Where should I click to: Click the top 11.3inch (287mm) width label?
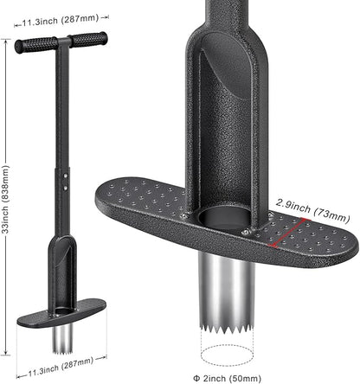61,20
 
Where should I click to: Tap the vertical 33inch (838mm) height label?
6,199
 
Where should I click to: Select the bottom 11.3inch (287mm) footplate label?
61,367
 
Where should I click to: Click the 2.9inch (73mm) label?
312,210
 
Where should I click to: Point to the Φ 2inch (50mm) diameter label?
227,378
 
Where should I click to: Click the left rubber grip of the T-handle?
36,45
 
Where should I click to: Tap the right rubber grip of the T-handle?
89,39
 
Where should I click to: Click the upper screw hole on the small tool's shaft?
66,176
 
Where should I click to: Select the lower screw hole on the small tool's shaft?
66,188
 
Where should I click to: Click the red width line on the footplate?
289,233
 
